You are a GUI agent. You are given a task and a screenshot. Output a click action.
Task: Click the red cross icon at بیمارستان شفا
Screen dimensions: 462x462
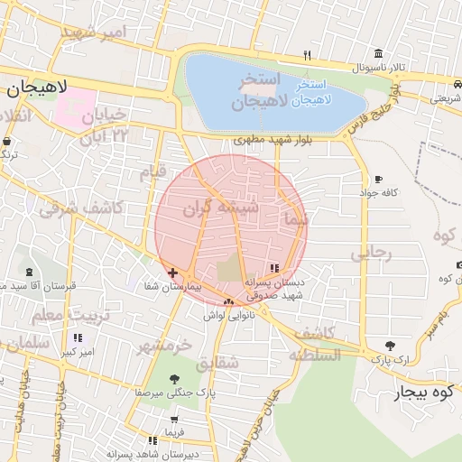click(x=172, y=272)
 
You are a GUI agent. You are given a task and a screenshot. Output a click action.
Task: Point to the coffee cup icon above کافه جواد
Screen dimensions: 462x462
click(x=377, y=179)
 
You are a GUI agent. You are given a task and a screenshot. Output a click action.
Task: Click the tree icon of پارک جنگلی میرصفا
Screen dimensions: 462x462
click(x=174, y=379)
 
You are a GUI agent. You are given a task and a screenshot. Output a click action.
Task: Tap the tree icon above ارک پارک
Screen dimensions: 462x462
click(x=389, y=345)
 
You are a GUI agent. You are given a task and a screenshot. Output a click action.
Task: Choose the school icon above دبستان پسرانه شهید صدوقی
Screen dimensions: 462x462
click(x=274, y=268)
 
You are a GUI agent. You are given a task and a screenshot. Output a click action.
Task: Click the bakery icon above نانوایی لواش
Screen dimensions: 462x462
click(x=228, y=302)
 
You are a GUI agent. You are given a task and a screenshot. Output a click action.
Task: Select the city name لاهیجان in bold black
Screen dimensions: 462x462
click(x=33, y=88)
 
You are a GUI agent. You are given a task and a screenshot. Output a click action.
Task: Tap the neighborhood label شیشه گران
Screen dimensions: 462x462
click(x=221, y=208)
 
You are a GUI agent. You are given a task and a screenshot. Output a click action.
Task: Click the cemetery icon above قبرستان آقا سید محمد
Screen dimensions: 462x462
click(x=29, y=272)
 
